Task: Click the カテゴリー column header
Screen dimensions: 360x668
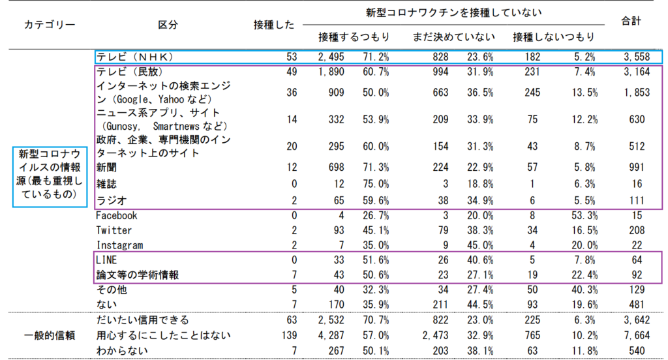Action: point(50,25)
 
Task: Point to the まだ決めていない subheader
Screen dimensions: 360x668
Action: point(453,37)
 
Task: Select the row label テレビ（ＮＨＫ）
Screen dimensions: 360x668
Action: point(134,57)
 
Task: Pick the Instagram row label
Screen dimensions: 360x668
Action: point(119,245)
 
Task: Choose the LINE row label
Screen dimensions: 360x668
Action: point(106,260)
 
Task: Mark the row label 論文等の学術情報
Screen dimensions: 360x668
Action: point(138,275)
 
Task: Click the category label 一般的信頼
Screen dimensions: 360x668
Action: point(50,335)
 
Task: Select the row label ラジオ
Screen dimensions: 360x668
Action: point(110,200)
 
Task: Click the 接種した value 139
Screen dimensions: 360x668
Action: point(288,335)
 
